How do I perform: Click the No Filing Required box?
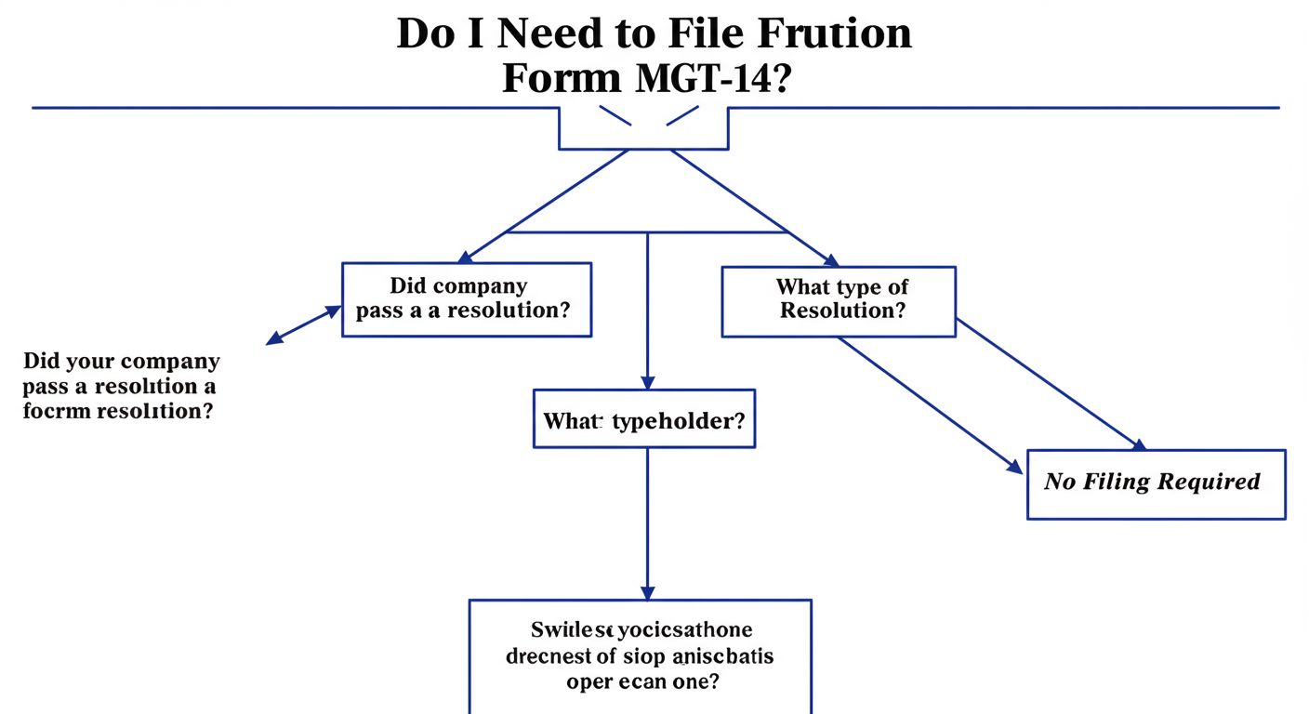click(1156, 483)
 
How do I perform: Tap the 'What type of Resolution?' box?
click(838, 301)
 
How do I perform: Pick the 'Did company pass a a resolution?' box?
click(467, 299)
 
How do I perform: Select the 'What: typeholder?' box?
click(643, 420)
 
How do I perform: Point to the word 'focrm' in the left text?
click(53, 411)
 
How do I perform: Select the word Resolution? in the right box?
click(842, 311)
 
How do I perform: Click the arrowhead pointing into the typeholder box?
click(648, 382)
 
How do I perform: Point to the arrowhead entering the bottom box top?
click(647, 592)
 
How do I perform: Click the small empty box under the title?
click(643, 128)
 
